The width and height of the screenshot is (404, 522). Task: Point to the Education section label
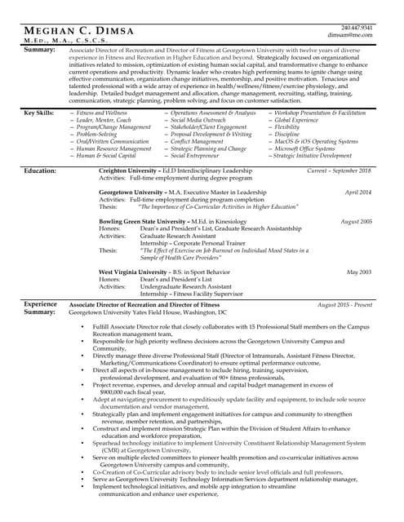40,171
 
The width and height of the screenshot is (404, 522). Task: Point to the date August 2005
356,222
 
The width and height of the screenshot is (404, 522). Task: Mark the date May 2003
359,272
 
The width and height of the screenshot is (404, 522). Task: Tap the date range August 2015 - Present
344,304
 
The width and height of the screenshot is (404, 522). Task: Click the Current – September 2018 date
339,171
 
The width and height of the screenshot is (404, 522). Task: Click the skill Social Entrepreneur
196,155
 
